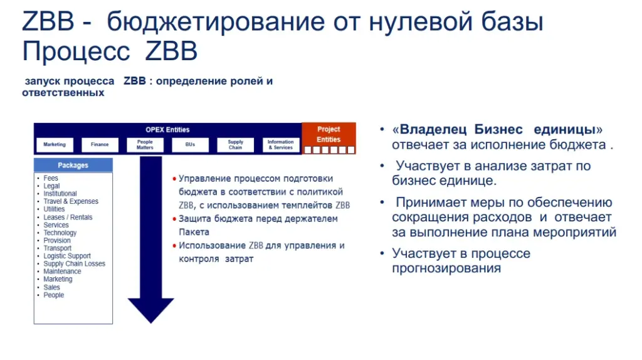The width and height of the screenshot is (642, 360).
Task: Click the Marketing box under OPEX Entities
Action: pyautogui.click(x=55, y=145)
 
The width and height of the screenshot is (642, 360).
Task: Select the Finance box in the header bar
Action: pyautogui.click(x=100, y=145)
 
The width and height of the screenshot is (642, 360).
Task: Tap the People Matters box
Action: pyautogui.click(x=145, y=145)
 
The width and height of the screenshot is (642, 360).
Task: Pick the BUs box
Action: pyautogui.click(x=190, y=145)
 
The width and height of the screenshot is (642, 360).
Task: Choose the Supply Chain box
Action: pyautogui.click(x=236, y=145)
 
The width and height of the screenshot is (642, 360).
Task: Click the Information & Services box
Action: pyautogui.click(x=280, y=145)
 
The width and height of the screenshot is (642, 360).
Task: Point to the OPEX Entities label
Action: pyautogui.click(x=167, y=130)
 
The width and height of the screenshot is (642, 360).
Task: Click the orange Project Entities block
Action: pyautogui.click(x=329, y=138)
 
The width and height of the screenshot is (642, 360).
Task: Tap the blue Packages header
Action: pyautogui.click(x=73, y=165)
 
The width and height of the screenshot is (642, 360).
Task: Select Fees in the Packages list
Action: pyautogui.click(x=51, y=178)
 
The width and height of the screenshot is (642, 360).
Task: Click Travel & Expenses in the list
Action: pyautogui.click(x=71, y=201)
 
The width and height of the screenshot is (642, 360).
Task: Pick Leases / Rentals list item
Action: pyautogui.click(x=68, y=217)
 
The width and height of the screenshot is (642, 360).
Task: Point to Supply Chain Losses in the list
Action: pyautogui.click(x=74, y=264)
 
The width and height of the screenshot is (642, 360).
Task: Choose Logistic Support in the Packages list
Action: pyautogui.click(x=67, y=256)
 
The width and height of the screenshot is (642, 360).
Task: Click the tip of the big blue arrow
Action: pyautogui.click(x=150, y=323)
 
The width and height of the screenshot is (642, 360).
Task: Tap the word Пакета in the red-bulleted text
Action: pyautogui.click(x=194, y=232)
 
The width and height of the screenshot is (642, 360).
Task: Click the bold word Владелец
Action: pyautogui.click(x=433, y=129)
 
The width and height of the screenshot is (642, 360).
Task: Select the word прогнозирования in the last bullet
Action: pyautogui.click(x=446, y=268)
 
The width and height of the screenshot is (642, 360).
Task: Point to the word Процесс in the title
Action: pyautogui.click(x=76, y=51)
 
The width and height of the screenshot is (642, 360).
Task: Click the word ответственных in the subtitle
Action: pyautogui.click(x=63, y=93)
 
